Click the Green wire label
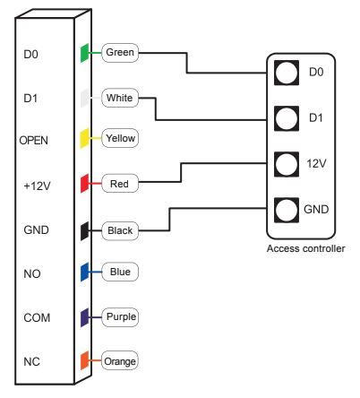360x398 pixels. tap(120, 52)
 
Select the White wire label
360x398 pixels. tap(120, 96)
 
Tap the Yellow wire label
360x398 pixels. tap(120, 140)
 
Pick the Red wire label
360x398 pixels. tap(119, 185)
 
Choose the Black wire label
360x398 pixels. tap(120, 230)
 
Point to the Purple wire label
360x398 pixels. tap(121, 316)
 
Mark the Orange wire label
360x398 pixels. tap(120, 361)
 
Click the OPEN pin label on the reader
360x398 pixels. tap(34, 141)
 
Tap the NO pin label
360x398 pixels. tap(30, 273)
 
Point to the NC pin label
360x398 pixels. tap(30, 362)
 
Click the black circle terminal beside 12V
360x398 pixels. tap(287, 164)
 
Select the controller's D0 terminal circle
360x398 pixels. tap(287, 72)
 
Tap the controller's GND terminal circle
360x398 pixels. tap(287, 210)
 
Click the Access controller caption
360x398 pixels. tap(305, 248)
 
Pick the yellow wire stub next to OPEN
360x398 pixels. tap(84, 140)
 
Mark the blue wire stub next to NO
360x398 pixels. tap(84, 272)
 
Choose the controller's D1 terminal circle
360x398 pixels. tap(287, 117)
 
